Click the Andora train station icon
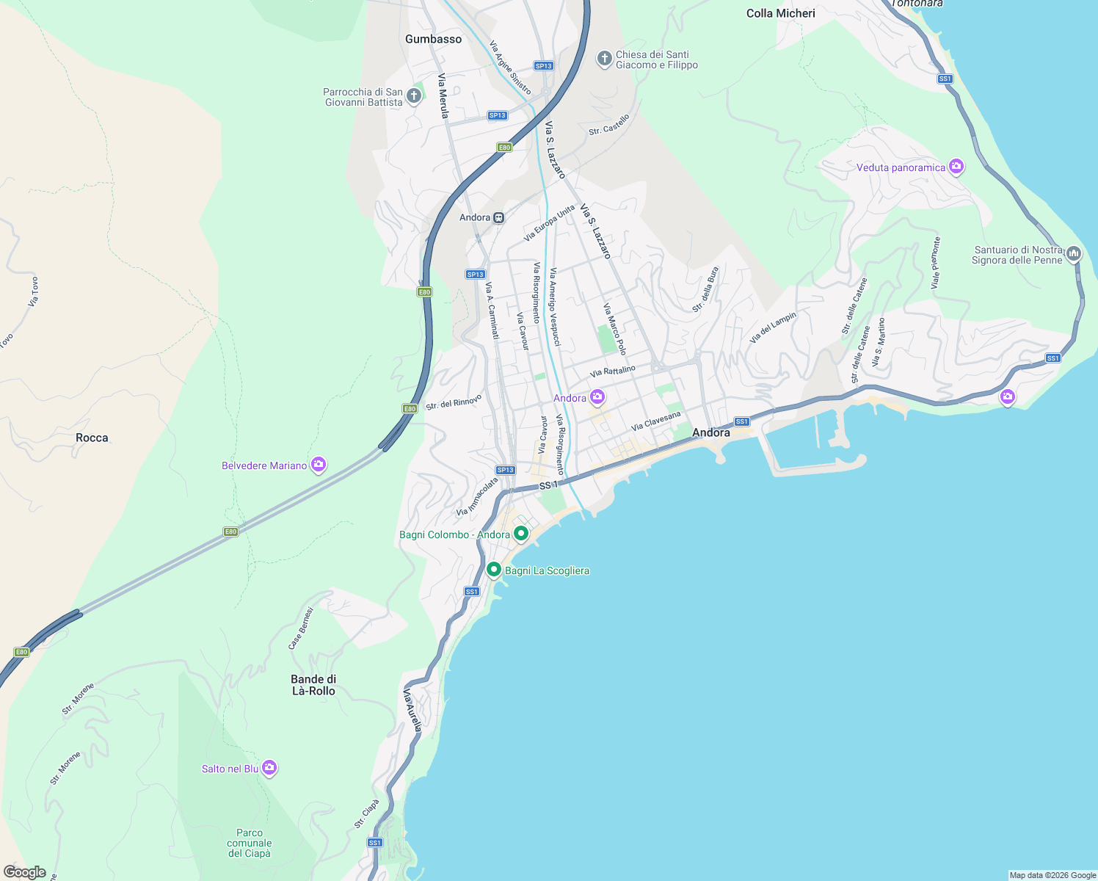[x=499, y=217]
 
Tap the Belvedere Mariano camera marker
[x=318, y=465]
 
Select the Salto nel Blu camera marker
[x=269, y=768]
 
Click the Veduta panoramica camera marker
[x=956, y=167]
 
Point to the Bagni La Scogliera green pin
[x=494, y=570]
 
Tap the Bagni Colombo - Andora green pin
[x=521, y=534]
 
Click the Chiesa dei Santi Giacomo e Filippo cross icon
[x=604, y=59]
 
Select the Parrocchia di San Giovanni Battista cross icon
[x=414, y=96]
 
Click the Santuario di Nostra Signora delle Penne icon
[x=1074, y=254]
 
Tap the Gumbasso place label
[x=434, y=39]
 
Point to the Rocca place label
[x=92, y=438]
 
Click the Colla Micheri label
[x=780, y=13]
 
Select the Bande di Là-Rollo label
[x=313, y=685]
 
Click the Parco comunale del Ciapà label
[x=250, y=843]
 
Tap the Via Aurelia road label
[x=412, y=710]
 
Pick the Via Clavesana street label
[x=656, y=421]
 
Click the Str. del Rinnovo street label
[x=454, y=402]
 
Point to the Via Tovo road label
[x=33, y=291]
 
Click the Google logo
[x=25, y=872]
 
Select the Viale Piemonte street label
[x=936, y=263]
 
